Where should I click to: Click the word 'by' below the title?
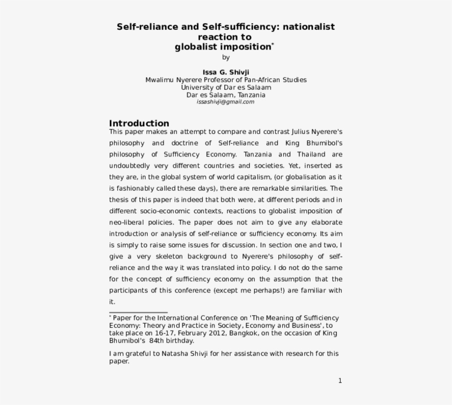coord(225,57)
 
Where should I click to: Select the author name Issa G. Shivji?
coord(225,72)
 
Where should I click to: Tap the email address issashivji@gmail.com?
coord(225,102)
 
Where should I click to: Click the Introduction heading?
coord(139,123)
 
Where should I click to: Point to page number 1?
coord(340,381)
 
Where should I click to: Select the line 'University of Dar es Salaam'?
coord(225,87)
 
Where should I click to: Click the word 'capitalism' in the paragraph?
coord(252,177)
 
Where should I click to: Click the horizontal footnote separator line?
coord(138,312)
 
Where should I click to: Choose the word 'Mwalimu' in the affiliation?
coord(159,80)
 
